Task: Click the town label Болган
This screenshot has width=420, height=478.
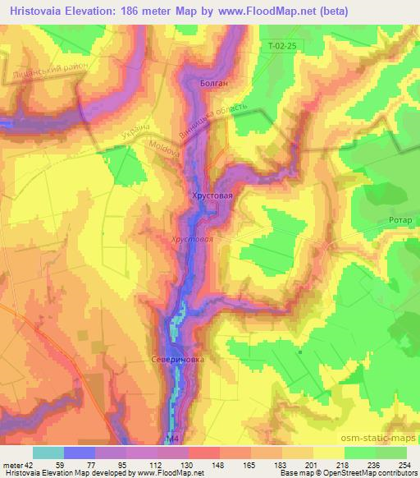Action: tap(213, 84)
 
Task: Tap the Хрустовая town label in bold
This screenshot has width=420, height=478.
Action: tap(212, 195)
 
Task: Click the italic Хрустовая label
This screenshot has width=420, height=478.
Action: tap(193, 238)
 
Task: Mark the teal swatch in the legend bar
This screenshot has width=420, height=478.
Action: tap(48, 452)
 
